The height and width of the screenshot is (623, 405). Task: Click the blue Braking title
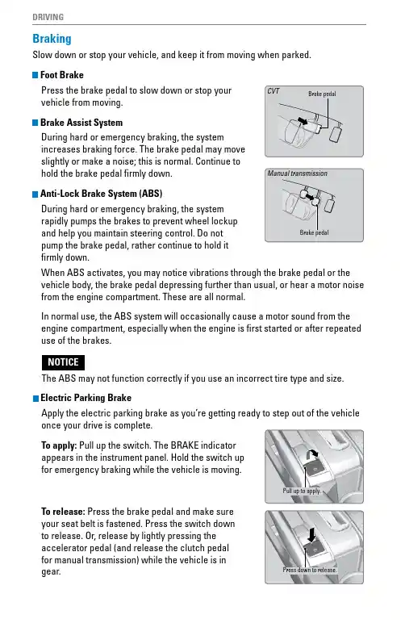(52, 39)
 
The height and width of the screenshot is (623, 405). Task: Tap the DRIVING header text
(48, 17)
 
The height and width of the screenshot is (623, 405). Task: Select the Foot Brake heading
(62, 75)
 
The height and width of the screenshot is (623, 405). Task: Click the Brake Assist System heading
(81, 123)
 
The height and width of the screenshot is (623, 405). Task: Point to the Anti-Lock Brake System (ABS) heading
(102, 194)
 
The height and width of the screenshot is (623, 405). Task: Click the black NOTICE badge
(63, 362)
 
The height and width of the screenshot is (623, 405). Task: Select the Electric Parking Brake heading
(86, 398)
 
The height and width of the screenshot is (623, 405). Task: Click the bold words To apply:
(59, 445)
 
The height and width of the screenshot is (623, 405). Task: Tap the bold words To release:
(63, 512)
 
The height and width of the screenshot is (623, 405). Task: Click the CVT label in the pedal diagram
(273, 91)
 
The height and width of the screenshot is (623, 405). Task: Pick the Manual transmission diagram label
(298, 174)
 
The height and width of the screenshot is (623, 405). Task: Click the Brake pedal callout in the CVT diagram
(322, 94)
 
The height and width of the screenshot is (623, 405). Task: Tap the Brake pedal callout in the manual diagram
(314, 232)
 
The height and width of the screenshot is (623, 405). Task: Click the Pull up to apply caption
(302, 491)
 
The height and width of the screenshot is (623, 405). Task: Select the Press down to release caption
(310, 570)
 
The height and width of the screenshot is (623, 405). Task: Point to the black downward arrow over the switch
(311, 535)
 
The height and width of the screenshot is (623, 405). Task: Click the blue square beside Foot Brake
(35, 75)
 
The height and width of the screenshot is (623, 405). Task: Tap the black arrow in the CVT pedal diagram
(303, 120)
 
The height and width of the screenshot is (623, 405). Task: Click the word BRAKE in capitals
(185, 445)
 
